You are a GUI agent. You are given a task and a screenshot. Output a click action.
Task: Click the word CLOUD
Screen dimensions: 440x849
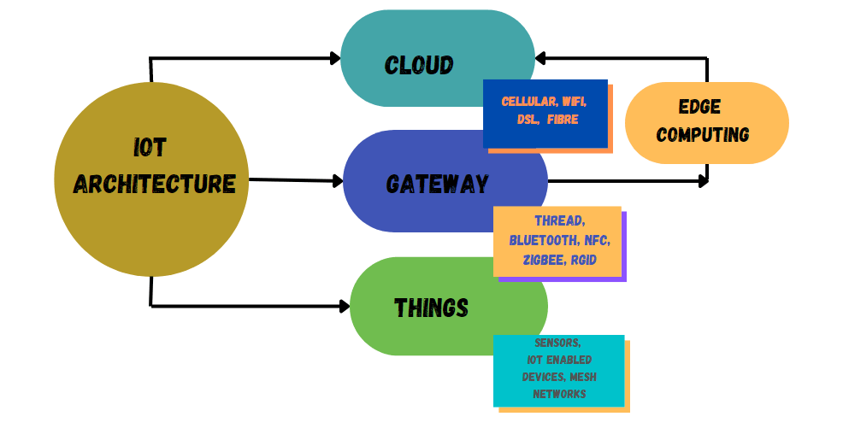pyautogui.click(x=419, y=65)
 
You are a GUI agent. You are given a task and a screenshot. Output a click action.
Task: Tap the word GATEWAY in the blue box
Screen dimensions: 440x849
pyautogui.click(x=437, y=184)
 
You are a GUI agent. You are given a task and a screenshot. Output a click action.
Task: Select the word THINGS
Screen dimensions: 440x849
pyautogui.click(x=431, y=308)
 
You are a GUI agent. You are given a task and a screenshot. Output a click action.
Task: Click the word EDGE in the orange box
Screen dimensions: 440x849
pyautogui.click(x=699, y=107)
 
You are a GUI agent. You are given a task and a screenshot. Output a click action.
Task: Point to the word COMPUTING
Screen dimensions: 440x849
pyautogui.click(x=703, y=134)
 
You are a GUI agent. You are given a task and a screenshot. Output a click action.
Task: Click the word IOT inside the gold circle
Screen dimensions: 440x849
pyautogui.click(x=150, y=148)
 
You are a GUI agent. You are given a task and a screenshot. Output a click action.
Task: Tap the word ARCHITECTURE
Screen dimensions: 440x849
pyautogui.click(x=154, y=183)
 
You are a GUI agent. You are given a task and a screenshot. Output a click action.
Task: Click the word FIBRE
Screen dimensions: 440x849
pyautogui.click(x=563, y=120)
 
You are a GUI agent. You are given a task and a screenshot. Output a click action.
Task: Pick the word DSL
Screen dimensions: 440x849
pyautogui.click(x=527, y=120)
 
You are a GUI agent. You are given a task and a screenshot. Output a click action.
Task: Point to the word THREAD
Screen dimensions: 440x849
pyautogui.click(x=560, y=221)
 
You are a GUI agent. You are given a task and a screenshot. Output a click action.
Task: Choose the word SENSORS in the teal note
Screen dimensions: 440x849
pyautogui.click(x=557, y=343)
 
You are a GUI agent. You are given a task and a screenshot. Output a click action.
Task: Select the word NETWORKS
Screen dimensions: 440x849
pyautogui.click(x=559, y=394)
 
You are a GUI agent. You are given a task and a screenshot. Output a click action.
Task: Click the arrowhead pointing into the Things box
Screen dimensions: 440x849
pyautogui.click(x=345, y=305)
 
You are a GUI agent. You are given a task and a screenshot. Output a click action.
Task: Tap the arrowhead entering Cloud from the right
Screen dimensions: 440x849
pyautogui.click(x=541, y=58)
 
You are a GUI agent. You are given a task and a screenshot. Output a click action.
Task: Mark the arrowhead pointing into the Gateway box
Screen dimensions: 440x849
pyautogui.click(x=338, y=180)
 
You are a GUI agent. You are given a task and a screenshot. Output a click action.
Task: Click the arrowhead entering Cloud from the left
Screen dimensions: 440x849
pyautogui.click(x=335, y=58)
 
